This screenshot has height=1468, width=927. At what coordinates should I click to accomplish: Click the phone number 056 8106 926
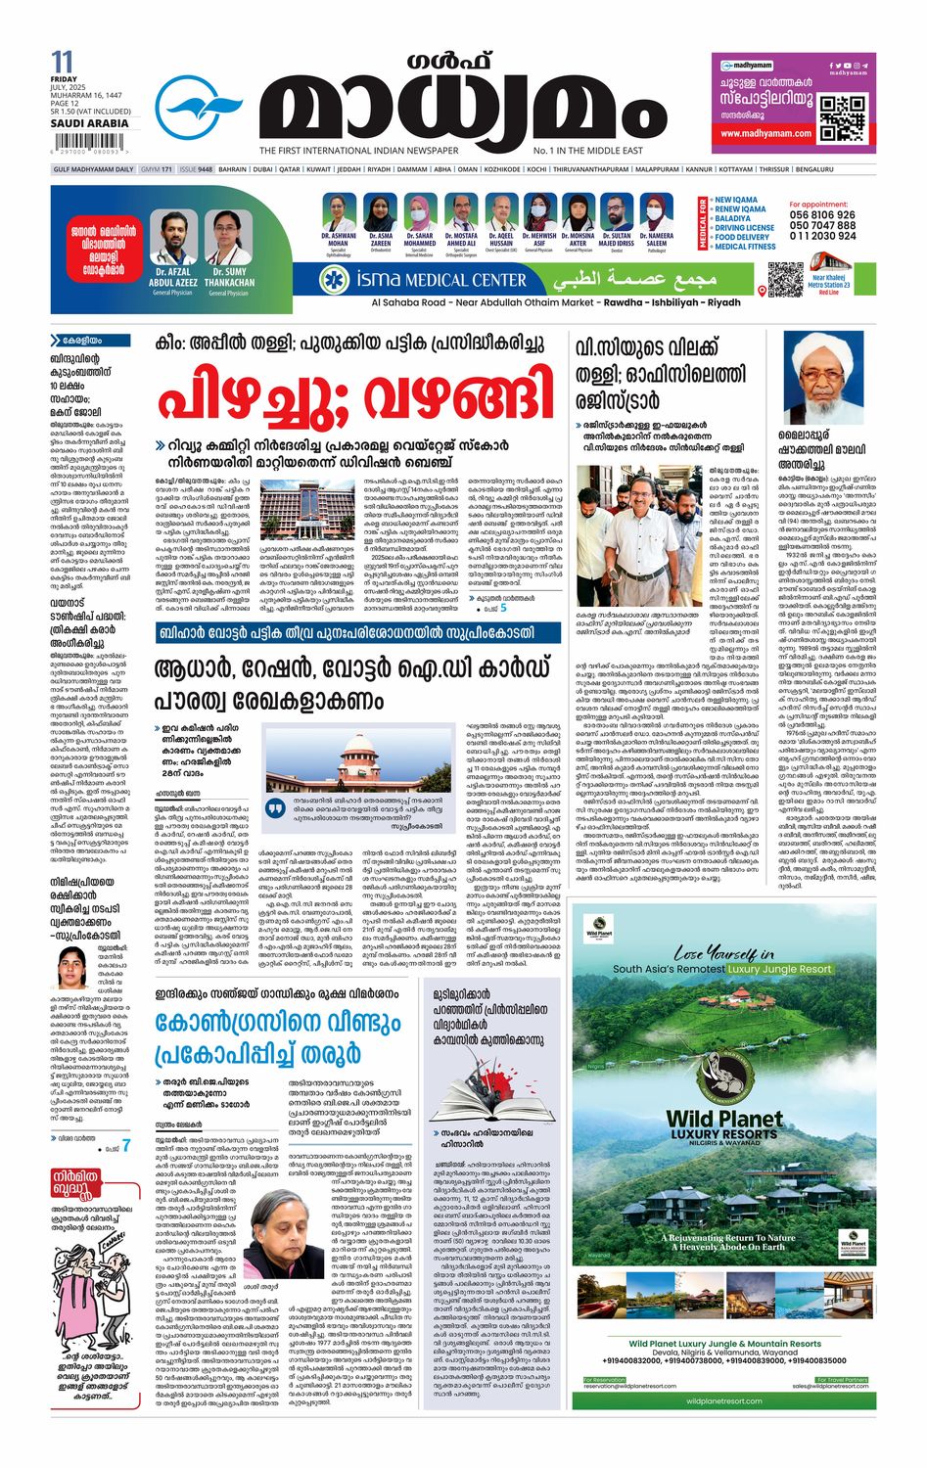[822, 215]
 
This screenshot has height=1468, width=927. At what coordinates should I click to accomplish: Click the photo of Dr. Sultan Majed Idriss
[617, 212]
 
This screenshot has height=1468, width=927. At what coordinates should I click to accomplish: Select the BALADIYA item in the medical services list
[732, 218]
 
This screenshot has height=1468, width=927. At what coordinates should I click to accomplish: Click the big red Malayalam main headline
[356, 395]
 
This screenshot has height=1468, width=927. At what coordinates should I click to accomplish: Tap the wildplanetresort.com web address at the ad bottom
[723, 1400]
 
